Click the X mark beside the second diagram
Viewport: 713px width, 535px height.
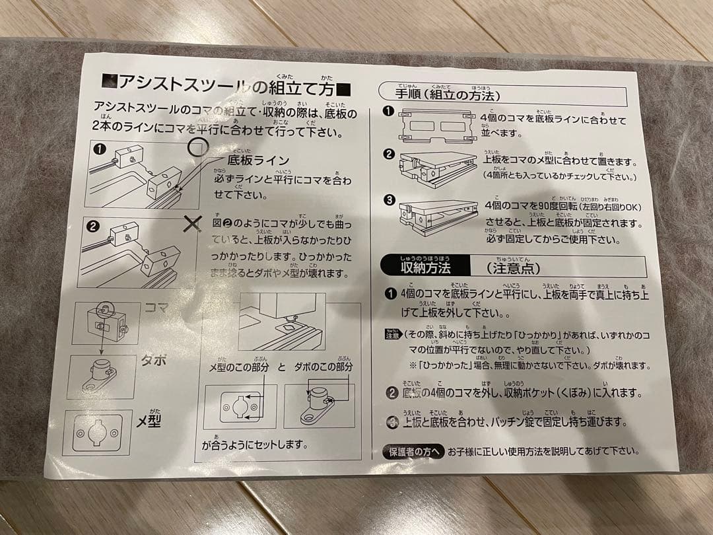[x=192, y=225]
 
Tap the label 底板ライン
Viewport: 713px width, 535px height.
[x=258, y=160]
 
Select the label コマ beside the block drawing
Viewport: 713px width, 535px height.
[x=156, y=308]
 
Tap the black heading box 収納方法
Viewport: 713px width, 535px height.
[x=426, y=267]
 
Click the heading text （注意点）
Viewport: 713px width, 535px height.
[x=513, y=268]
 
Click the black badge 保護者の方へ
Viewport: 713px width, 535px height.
[x=413, y=452]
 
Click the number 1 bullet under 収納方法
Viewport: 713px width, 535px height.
[x=390, y=293]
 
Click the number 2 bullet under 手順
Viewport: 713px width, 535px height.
[x=389, y=155]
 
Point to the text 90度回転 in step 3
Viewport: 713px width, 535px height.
[x=553, y=207]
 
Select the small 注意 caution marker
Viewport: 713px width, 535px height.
[x=392, y=335]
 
